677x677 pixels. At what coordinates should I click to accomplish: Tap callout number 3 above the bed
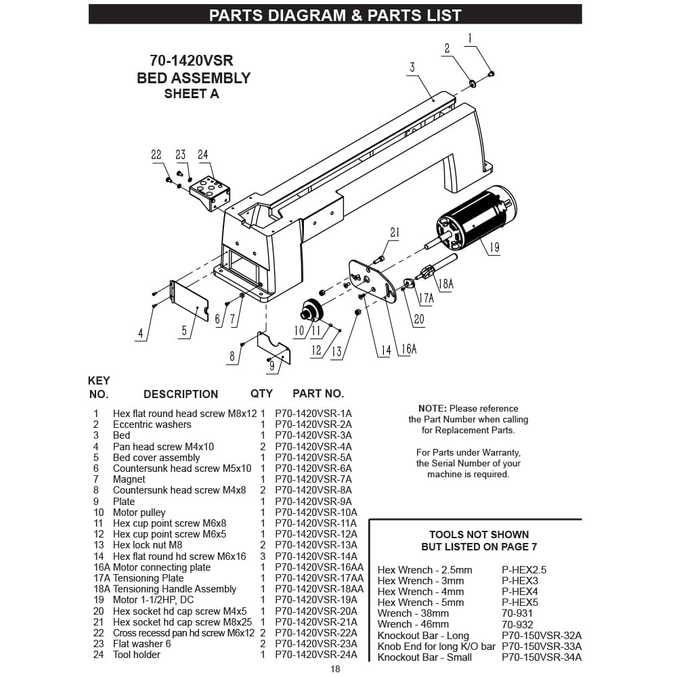point(412,67)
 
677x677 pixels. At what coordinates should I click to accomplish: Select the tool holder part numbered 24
point(211,192)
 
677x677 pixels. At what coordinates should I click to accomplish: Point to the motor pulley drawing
point(311,311)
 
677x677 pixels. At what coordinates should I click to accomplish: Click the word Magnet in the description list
point(129,479)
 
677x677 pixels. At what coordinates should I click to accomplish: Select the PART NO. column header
point(318,393)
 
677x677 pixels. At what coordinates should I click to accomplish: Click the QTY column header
point(261,393)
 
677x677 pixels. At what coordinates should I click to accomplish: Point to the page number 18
point(335,670)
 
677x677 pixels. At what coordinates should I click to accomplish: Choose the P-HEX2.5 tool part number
point(524,570)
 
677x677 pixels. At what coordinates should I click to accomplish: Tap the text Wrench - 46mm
point(413,624)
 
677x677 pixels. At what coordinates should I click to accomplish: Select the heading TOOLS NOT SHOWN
point(479,535)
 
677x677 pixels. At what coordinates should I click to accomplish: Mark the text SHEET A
point(192,94)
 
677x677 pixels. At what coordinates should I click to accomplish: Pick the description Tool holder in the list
point(137,655)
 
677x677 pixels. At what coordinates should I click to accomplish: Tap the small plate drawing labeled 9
point(274,347)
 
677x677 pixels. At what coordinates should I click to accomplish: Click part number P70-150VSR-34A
point(542,657)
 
